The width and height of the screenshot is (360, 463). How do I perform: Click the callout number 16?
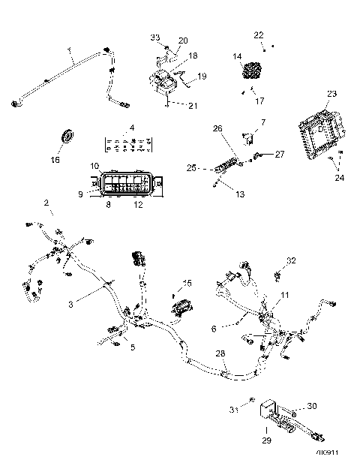55,159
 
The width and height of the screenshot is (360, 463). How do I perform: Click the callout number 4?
131,129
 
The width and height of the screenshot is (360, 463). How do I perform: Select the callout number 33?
155,37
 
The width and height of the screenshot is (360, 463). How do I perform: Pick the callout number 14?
237,56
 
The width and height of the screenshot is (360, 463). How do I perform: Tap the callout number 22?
259,35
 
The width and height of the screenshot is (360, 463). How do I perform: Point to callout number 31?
234,410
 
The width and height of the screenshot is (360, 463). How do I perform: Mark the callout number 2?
46,203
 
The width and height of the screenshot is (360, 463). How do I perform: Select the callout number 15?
187,283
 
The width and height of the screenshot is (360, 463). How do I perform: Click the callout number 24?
340,178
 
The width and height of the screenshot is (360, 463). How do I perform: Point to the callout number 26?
219,128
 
